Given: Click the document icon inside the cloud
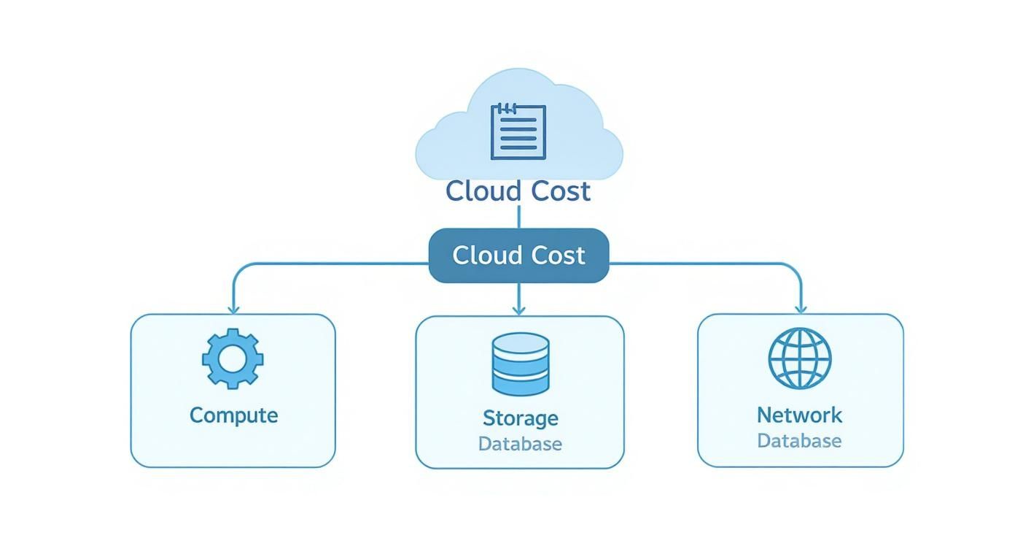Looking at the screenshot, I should click(x=518, y=131).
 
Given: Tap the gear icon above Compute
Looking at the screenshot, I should click(x=233, y=358).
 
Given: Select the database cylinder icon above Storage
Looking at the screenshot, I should click(x=520, y=364).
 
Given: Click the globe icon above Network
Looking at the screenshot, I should click(x=800, y=358).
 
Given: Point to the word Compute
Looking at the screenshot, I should click(x=233, y=415).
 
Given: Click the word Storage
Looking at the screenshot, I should click(x=520, y=418).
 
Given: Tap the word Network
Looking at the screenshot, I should click(x=799, y=415).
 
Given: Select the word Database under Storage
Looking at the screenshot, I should click(x=520, y=443).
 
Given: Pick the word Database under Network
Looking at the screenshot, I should click(x=799, y=441).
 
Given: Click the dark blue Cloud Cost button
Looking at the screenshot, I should click(x=518, y=255).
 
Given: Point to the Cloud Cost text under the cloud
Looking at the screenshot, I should click(x=518, y=191).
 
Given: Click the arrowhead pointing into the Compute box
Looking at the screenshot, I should click(x=233, y=308).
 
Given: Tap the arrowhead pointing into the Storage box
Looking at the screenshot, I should click(x=518, y=310).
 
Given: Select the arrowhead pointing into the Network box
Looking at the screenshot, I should click(x=801, y=308).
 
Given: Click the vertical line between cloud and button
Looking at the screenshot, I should click(x=518, y=216).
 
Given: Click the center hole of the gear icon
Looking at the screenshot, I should click(x=233, y=358).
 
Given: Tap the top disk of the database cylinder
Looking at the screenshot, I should click(x=520, y=344).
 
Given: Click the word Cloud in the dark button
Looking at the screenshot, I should click(x=482, y=256).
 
